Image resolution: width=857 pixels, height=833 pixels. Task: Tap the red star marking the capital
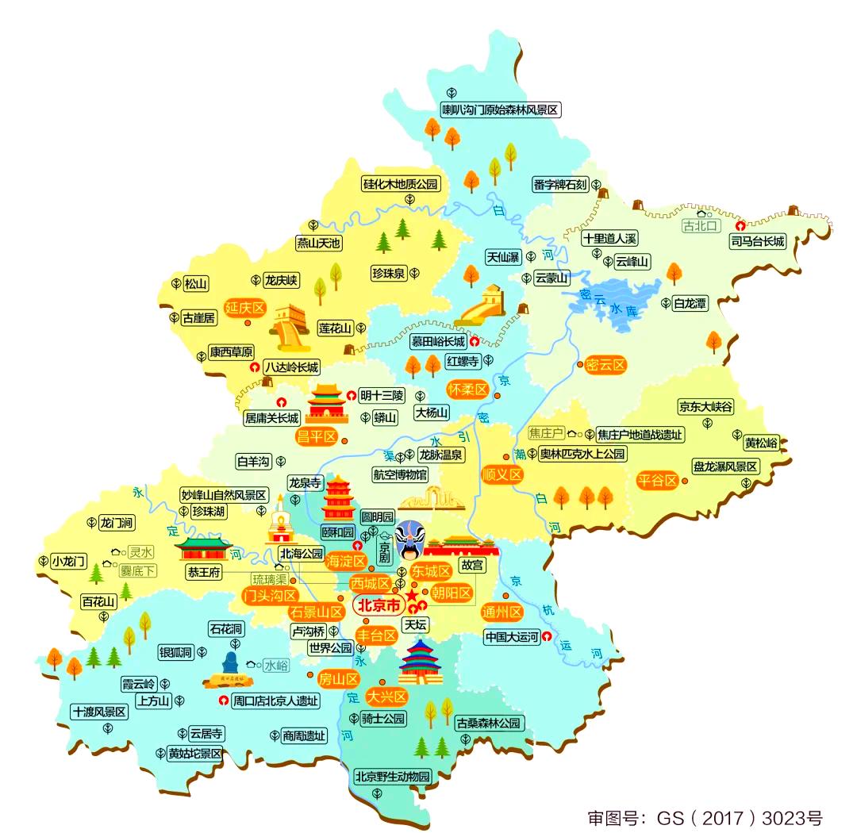[x=412, y=595]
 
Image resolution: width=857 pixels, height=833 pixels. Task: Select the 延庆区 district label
[x=244, y=309]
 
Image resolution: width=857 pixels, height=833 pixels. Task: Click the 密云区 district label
[x=605, y=365]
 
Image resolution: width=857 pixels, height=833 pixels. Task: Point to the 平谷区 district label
[x=658, y=481]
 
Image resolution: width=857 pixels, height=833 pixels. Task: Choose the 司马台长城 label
[x=758, y=241]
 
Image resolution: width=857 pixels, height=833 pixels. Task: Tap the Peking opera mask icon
[x=409, y=539]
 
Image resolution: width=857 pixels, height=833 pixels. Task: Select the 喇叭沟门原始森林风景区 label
[x=501, y=110]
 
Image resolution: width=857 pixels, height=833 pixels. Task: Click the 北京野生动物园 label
[x=392, y=776]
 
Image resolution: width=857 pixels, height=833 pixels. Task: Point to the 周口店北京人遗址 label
[x=275, y=701]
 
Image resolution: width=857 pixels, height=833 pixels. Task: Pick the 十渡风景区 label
[x=99, y=712]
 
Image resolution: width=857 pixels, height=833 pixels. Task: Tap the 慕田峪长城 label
[x=438, y=342]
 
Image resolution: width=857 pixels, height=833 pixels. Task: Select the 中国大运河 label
[x=512, y=636]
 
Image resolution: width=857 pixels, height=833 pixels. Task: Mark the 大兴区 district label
[x=386, y=697]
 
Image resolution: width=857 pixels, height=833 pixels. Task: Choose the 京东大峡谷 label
[x=705, y=407]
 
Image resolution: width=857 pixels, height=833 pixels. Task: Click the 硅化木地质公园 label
[x=401, y=184]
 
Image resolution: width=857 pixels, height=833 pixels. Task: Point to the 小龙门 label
[x=68, y=561]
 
